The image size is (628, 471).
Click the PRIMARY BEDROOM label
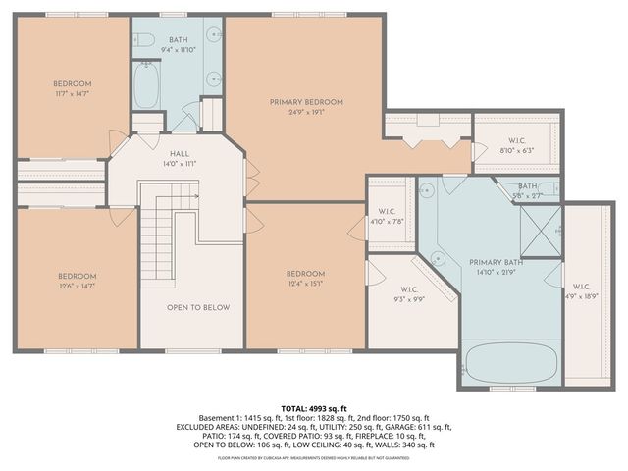[307, 101]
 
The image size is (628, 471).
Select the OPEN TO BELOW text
[197, 307]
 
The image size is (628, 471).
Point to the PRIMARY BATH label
[497, 262]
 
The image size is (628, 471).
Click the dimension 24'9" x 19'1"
[307, 112]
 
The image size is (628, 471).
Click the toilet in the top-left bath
[144, 40]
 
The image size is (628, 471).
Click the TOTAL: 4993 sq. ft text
[314, 408]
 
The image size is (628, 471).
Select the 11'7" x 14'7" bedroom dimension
[73, 94]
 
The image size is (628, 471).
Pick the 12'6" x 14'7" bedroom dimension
[77, 288]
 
